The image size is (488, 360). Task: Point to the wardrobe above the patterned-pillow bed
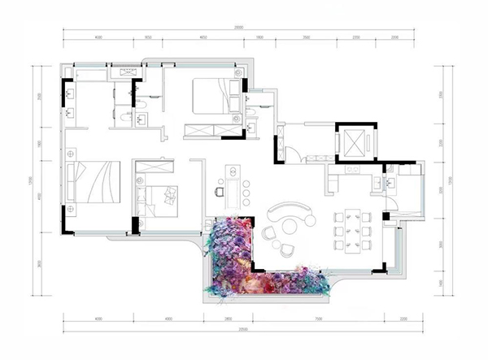[155, 165]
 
